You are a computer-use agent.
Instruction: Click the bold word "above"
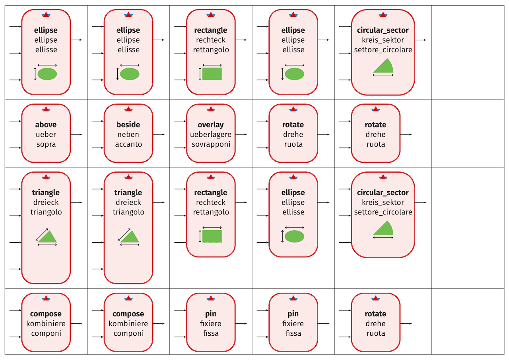tap(46, 125)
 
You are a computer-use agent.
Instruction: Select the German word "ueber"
tap(46, 134)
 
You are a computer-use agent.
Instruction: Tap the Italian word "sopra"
tap(46, 144)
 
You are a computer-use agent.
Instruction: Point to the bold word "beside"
tap(128, 125)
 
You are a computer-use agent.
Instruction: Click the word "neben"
tap(128, 134)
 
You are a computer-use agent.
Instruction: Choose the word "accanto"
tap(128, 144)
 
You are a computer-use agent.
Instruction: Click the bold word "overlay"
tap(211, 125)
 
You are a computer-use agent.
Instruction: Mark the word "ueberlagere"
tap(211, 134)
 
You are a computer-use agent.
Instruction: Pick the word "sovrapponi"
tap(211, 144)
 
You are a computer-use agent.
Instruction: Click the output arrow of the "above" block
tap(76, 134)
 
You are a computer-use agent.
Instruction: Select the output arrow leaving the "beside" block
tap(159, 134)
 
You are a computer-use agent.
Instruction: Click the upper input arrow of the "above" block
tap(15, 121)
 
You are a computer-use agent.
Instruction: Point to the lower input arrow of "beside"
tap(97, 148)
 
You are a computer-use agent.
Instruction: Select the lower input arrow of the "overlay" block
tap(180, 148)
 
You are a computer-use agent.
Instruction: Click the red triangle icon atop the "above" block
tap(46, 109)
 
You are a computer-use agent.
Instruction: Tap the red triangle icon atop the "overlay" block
tap(211, 109)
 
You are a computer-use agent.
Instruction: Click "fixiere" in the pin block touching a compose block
tap(211, 324)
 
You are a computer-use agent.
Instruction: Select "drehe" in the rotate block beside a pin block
tap(376, 324)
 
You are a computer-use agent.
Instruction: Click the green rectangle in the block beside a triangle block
tap(212, 236)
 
